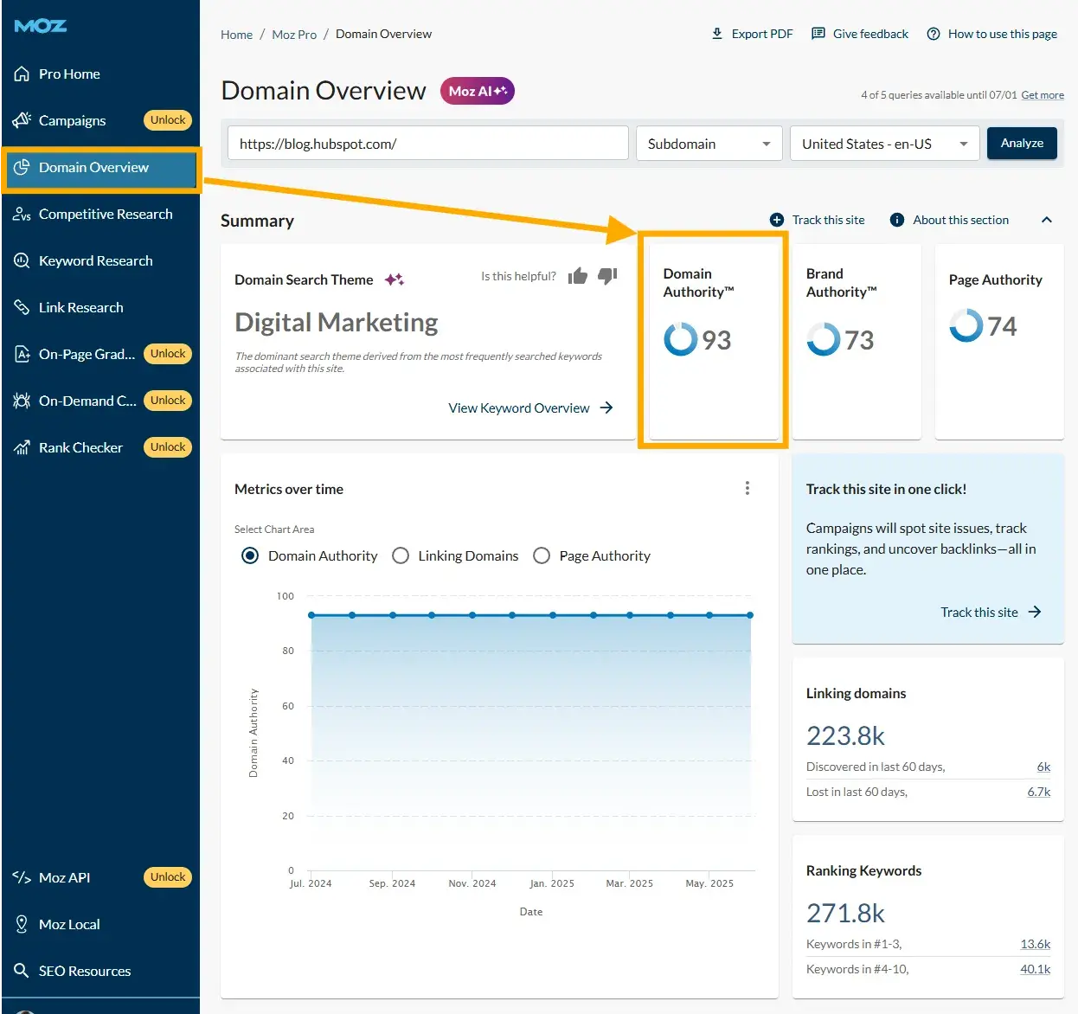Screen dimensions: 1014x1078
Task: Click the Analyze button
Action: (x=1022, y=144)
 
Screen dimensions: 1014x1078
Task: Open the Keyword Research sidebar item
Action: (x=95, y=261)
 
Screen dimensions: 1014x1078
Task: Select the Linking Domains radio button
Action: (x=401, y=555)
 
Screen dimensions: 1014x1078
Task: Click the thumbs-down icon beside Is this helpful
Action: (x=607, y=276)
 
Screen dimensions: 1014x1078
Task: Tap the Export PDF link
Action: (x=752, y=34)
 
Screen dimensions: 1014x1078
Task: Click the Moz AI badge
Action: (x=478, y=91)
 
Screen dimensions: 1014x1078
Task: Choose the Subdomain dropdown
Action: (x=709, y=144)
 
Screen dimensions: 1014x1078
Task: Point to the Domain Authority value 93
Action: (x=716, y=340)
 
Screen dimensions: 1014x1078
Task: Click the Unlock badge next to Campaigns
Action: (x=168, y=120)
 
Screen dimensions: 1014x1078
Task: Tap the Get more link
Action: (x=1043, y=95)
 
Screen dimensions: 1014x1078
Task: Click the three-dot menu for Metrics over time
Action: (x=748, y=489)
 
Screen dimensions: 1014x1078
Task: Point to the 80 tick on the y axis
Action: (x=288, y=651)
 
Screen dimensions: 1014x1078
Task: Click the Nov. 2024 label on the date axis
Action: (x=472, y=883)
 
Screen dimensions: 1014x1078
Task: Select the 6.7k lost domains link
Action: (x=1038, y=792)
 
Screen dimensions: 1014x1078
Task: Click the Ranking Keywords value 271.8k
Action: (x=845, y=913)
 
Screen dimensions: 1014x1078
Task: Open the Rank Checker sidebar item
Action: (x=80, y=448)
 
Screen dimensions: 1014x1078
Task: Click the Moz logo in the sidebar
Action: (x=41, y=26)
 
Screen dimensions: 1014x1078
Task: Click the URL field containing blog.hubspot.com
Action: (x=427, y=144)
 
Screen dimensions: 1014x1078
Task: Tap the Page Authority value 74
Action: (x=1002, y=326)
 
